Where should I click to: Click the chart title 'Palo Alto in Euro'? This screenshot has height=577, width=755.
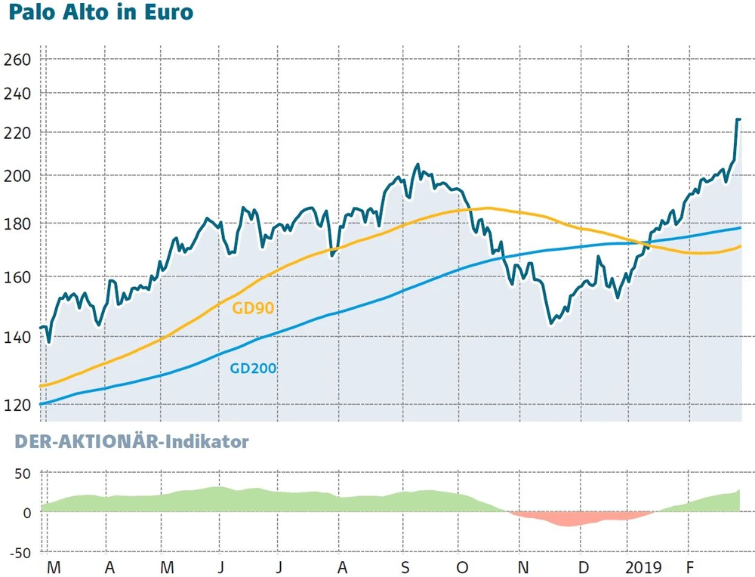click(x=97, y=14)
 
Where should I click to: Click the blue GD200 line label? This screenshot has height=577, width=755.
click(x=253, y=369)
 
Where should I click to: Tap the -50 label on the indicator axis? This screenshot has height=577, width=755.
click(x=19, y=552)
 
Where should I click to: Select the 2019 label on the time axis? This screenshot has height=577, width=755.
click(x=643, y=566)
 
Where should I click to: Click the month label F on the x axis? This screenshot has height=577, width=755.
click(x=689, y=566)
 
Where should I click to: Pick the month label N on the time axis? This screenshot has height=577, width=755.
click(x=522, y=566)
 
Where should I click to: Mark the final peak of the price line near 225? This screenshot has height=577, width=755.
click(x=738, y=119)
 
